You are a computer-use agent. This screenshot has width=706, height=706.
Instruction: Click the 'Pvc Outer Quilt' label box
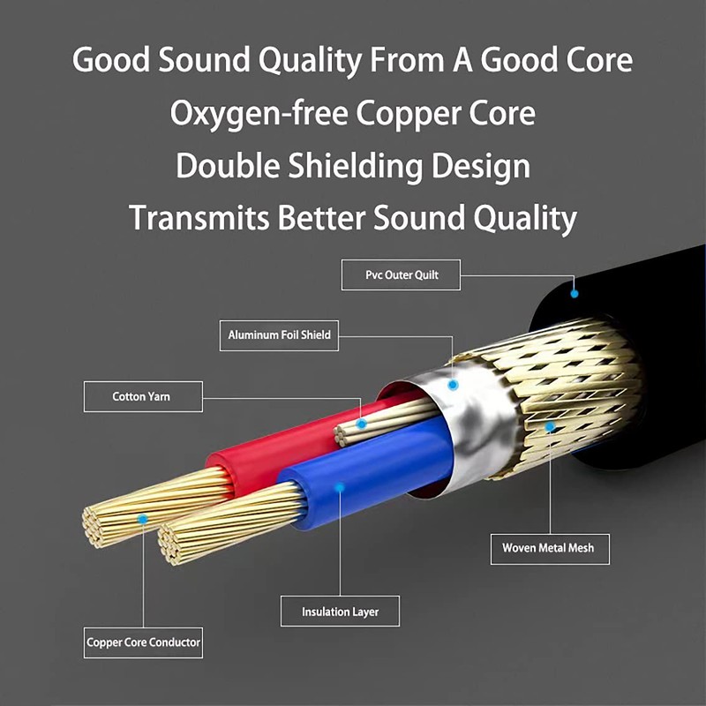tap(402, 274)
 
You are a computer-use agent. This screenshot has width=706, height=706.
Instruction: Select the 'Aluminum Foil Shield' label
tap(279, 334)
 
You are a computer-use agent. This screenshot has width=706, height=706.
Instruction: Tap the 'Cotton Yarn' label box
tap(142, 396)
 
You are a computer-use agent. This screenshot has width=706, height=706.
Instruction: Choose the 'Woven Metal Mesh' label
tap(549, 548)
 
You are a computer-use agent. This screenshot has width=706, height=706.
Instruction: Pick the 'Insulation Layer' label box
tap(339, 612)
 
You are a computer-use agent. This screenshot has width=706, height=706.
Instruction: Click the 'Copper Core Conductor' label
tap(144, 642)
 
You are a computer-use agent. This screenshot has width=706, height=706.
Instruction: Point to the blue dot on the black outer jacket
tap(575, 292)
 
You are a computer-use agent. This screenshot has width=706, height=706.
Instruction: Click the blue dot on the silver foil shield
tap(454, 385)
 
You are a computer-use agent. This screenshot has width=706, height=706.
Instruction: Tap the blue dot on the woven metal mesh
tap(550, 426)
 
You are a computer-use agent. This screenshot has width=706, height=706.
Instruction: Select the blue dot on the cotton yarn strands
tap(361, 424)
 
